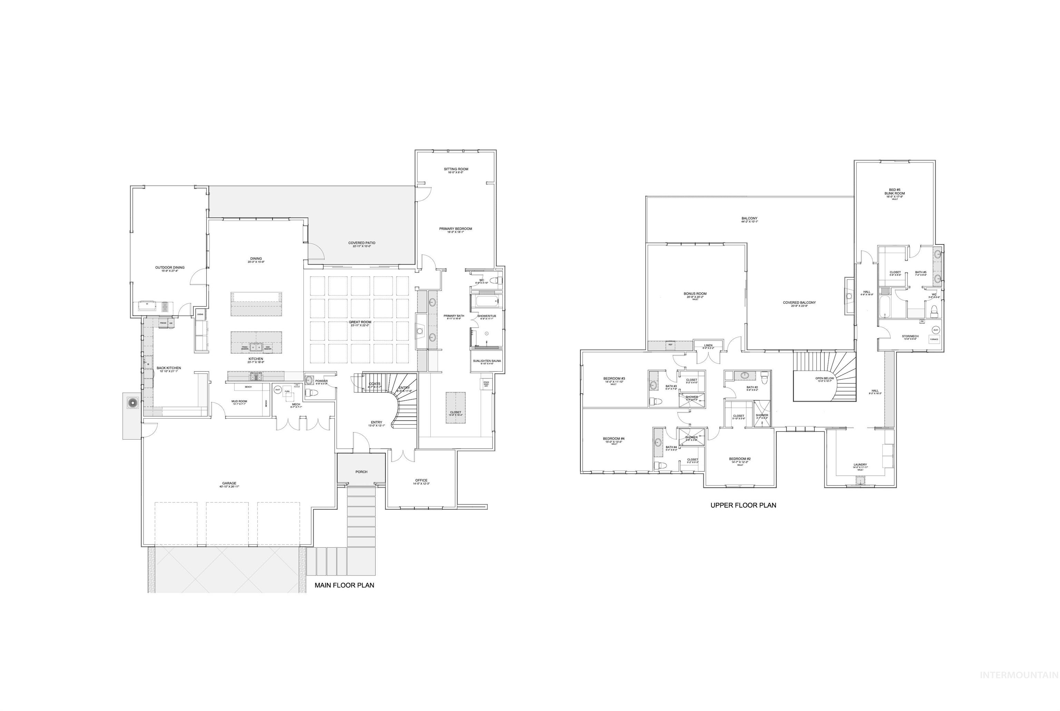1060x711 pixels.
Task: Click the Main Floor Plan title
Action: [344, 585]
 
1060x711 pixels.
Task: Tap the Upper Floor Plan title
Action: [743, 505]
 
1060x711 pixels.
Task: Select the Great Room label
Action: [360, 322]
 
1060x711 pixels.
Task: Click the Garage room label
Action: [229, 483]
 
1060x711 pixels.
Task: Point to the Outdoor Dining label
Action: [170, 268]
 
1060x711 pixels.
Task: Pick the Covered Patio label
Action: [362, 243]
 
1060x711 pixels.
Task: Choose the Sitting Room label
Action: [456, 169]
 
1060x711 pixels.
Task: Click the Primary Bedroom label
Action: [455, 229]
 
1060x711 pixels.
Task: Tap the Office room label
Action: [421, 480]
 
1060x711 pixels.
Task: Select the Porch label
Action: [361, 472]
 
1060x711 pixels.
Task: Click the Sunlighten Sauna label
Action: [487, 361]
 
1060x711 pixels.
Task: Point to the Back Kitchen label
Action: [169, 368]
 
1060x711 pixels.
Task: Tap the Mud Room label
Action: [239, 401]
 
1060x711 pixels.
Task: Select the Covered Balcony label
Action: [799, 303]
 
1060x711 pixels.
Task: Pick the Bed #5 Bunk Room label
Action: [894, 192]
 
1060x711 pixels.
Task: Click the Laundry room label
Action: [860, 465]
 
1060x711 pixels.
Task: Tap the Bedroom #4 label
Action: [614, 439]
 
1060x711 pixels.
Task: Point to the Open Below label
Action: [824, 378]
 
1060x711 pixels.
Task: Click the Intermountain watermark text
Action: [1019, 688]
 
